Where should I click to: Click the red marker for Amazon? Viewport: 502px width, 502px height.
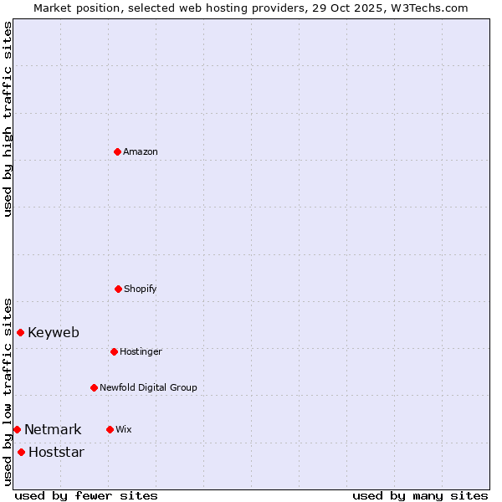click(117, 151)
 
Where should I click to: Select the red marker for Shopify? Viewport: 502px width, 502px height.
click(118, 289)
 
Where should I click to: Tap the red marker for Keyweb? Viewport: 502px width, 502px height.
click(20, 332)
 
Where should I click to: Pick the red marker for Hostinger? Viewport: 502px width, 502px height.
click(114, 351)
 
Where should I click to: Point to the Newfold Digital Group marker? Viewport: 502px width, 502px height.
click(94, 387)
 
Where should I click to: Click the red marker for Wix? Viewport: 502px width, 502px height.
click(110, 429)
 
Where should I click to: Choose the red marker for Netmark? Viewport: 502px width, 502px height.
click(17, 429)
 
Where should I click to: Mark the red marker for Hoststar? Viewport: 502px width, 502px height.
click(21, 452)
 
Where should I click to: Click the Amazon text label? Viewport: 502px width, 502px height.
click(141, 152)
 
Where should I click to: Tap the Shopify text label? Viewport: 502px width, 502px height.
click(141, 289)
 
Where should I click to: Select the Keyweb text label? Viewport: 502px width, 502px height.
click(54, 333)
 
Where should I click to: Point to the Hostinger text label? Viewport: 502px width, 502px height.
click(141, 352)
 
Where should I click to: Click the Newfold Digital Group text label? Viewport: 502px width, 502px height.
click(148, 388)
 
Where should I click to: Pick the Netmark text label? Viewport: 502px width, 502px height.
click(53, 430)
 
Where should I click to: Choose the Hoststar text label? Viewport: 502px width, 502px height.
click(56, 453)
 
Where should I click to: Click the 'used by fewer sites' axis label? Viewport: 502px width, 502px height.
click(86, 495)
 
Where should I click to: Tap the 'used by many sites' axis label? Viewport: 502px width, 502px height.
click(420, 495)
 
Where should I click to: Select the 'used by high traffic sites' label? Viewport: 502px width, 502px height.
click(8, 119)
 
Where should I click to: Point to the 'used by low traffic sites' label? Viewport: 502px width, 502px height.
click(8, 392)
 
